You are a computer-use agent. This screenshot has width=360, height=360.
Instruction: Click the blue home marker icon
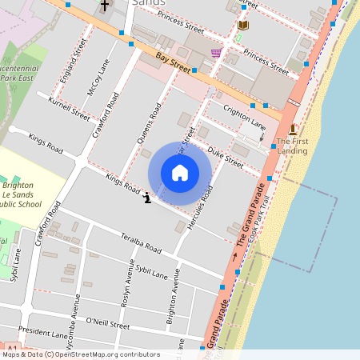pos(180,173)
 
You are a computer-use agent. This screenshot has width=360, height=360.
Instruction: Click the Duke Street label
pos(225,155)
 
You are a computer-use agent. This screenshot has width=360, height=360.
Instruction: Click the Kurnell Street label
pos(69,108)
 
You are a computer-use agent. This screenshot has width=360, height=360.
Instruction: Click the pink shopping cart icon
pos(215,53)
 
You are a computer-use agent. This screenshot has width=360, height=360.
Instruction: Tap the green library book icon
pos(243,26)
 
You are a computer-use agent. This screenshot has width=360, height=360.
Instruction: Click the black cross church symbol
pos(106,6)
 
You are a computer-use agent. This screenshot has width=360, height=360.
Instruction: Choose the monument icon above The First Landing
pos(293,130)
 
